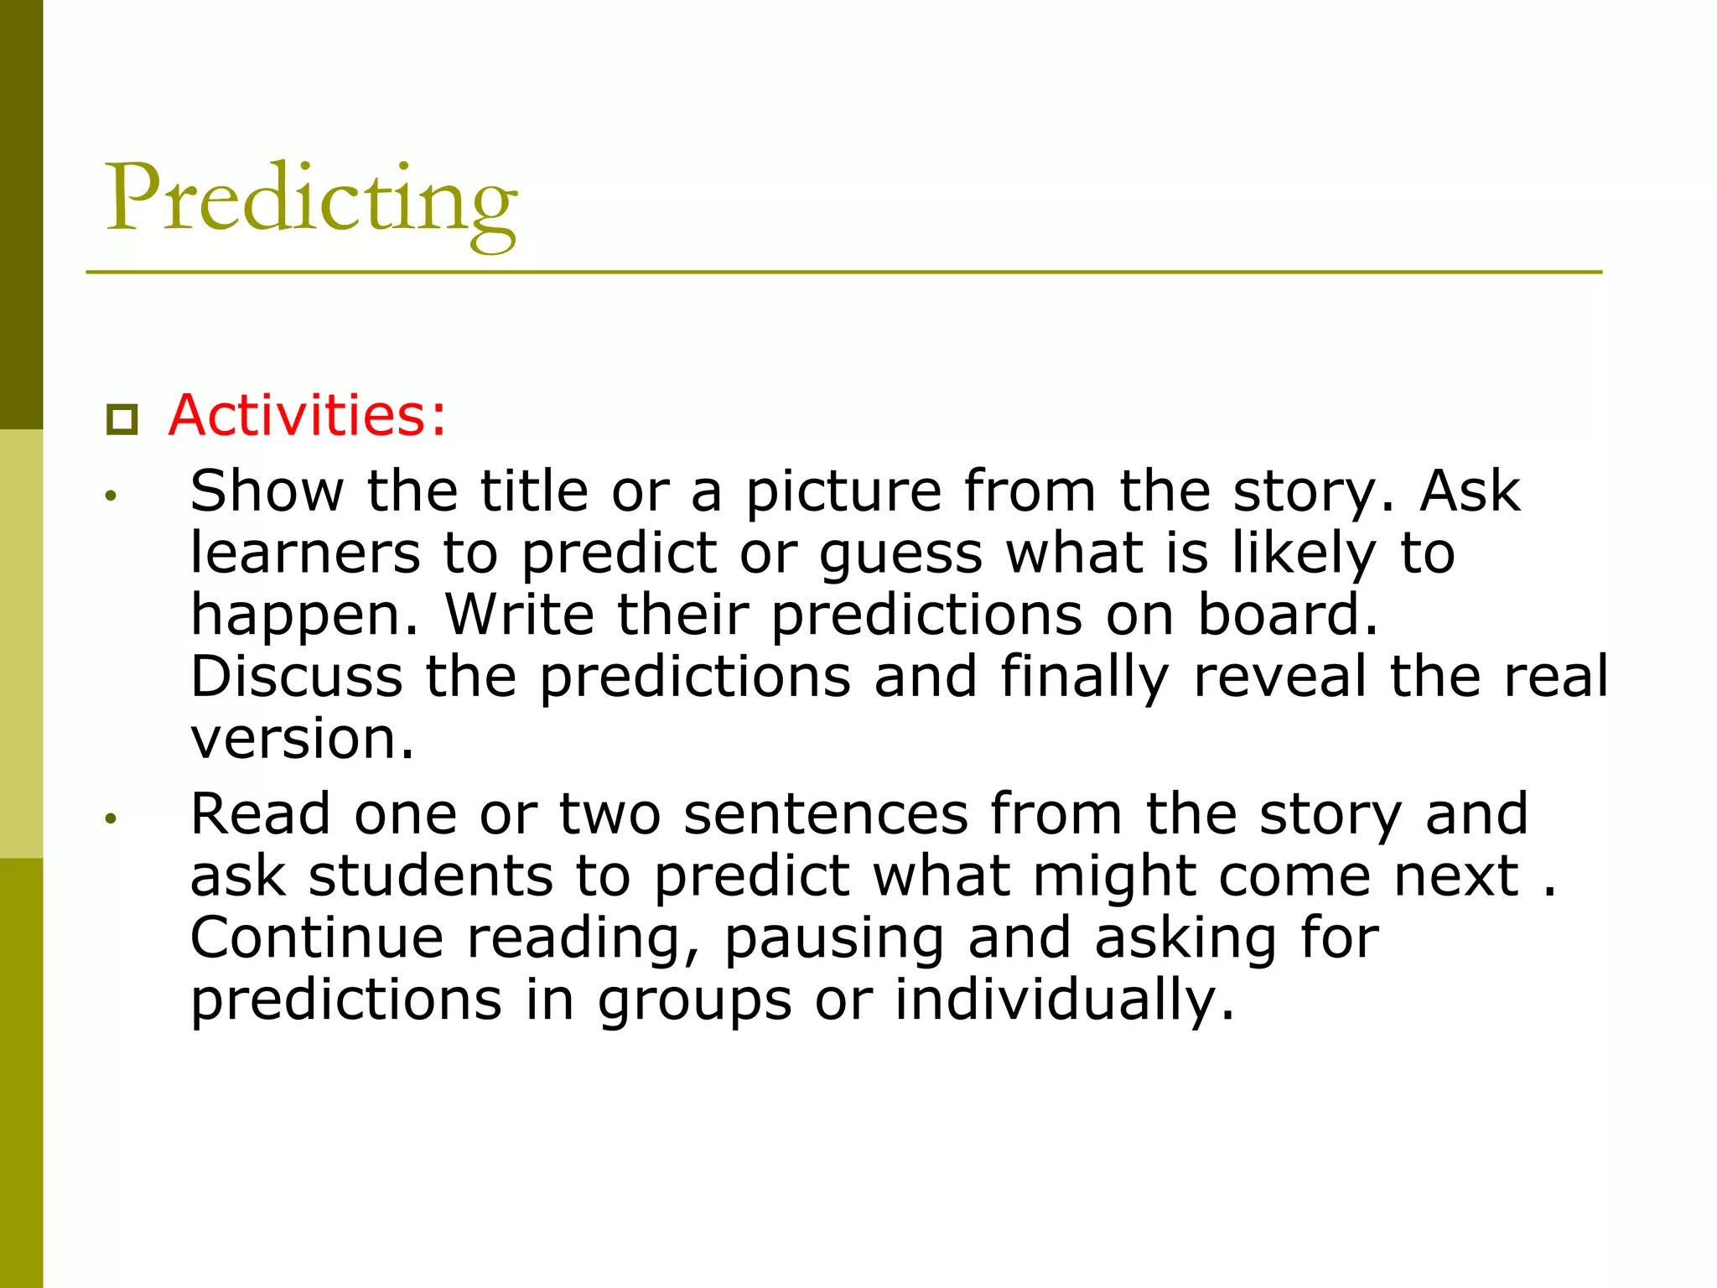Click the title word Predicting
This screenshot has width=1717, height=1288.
coord(311,201)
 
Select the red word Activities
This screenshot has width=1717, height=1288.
coord(306,415)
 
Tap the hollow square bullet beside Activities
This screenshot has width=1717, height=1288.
coord(122,419)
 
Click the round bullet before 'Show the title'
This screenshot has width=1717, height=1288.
coord(111,496)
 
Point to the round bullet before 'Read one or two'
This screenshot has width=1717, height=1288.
coord(111,819)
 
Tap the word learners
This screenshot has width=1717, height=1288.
coord(305,553)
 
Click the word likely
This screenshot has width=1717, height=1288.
coord(1304,555)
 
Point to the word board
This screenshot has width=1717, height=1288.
coord(1287,615)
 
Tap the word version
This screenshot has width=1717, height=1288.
coord(302,740)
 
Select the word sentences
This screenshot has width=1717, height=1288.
coord(826,814)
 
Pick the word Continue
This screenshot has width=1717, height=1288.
coord(317,937)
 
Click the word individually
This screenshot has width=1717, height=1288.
coord(1064,1001)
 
